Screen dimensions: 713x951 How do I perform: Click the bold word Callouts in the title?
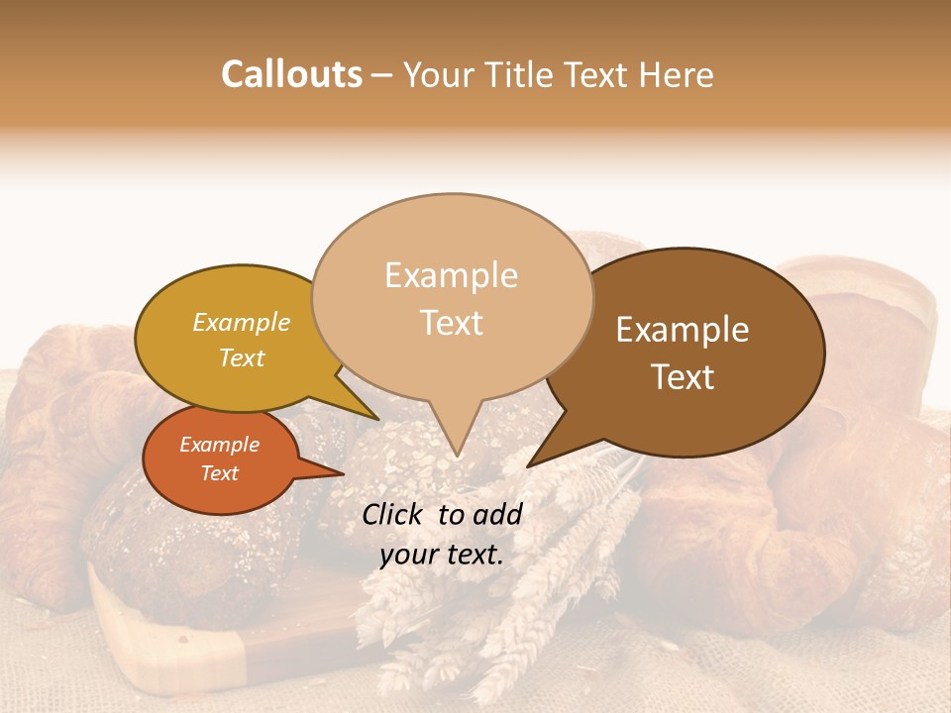(x=291, y=74)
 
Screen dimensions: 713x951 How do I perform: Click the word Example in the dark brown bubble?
(x=683, y=330)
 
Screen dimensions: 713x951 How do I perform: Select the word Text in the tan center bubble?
(x=452, y=323)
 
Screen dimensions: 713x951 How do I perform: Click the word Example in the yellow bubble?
(x=242, y=322)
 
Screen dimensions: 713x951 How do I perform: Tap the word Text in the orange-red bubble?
(x=220, y=473)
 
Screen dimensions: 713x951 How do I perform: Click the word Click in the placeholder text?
(x=393, y=514)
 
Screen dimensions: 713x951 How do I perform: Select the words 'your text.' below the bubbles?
(x=442, y=555)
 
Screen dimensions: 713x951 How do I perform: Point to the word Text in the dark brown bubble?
(x=684, y=377)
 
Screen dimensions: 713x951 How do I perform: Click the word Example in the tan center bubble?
(x=452, y=275)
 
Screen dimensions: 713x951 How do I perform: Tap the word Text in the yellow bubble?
(x=242, y=357)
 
